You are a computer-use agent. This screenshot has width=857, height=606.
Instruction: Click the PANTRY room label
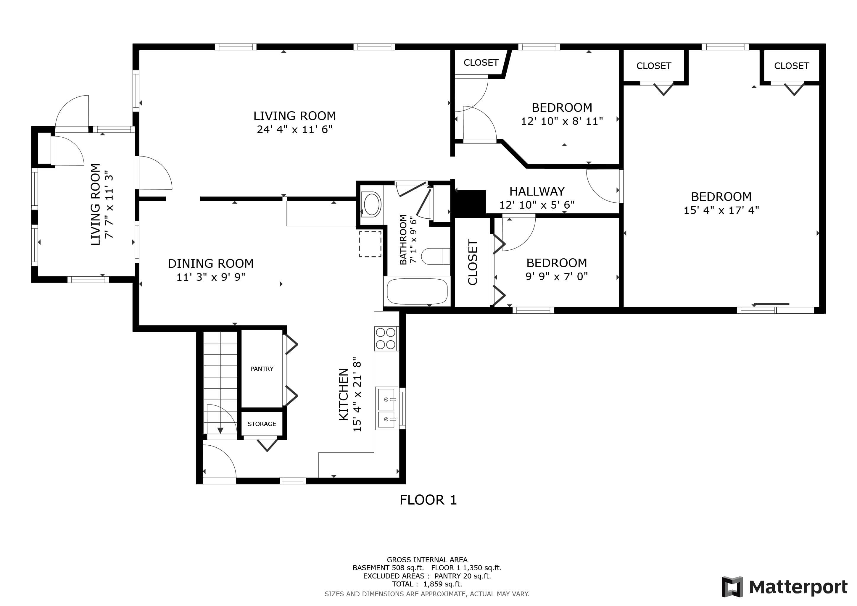tap(262, 369)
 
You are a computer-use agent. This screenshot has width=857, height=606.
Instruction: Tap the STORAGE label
tap(262, 424)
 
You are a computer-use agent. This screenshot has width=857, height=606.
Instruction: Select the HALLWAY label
tap(537, 191)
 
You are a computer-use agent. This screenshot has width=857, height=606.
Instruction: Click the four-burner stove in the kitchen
tap(386, 339)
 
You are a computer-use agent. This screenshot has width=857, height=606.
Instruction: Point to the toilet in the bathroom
tap(436, 256)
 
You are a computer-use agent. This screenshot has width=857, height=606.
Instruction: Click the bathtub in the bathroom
tap(417, 291)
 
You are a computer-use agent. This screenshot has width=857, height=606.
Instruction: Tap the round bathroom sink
tap(371, 204)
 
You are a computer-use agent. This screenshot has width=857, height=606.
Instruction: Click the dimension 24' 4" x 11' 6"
tap(294, 130)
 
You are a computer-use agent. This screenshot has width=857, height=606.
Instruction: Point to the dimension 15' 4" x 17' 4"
tap(721, 210)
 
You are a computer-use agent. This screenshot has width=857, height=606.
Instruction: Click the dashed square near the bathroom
tap(370, 244)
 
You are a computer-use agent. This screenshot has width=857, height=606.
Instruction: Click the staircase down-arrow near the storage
tap(220, 431)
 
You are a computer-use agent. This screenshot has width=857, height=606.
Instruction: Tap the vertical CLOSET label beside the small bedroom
tap(473, 262)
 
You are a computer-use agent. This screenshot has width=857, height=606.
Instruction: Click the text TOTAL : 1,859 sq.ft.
tap(427, 584)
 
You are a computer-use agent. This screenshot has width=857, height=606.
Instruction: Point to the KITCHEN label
tap(343, 394)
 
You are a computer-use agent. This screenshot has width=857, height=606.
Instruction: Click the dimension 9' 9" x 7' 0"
tap(557, 276)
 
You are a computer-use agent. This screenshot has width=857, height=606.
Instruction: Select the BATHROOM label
tap(403, 240)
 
